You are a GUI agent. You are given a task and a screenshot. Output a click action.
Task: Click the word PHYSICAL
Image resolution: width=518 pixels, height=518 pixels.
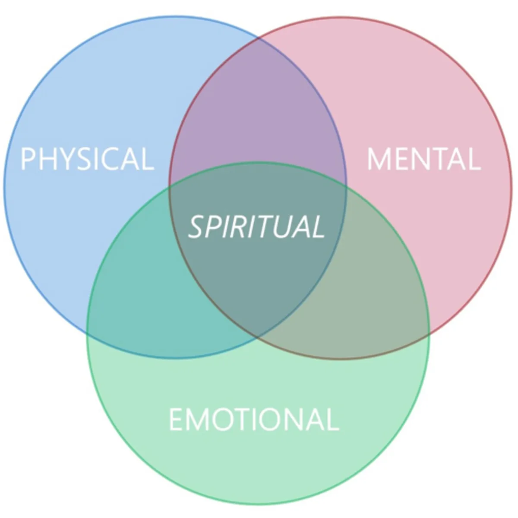87,159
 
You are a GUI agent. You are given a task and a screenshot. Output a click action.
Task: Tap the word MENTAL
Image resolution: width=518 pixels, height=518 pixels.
423,159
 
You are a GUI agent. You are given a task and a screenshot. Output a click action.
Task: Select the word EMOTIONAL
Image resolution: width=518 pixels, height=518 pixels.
253,419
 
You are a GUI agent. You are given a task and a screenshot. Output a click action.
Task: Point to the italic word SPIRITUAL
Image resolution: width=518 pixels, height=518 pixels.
256,227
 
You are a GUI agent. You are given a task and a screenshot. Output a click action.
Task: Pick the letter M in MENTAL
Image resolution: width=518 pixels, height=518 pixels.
377,159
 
